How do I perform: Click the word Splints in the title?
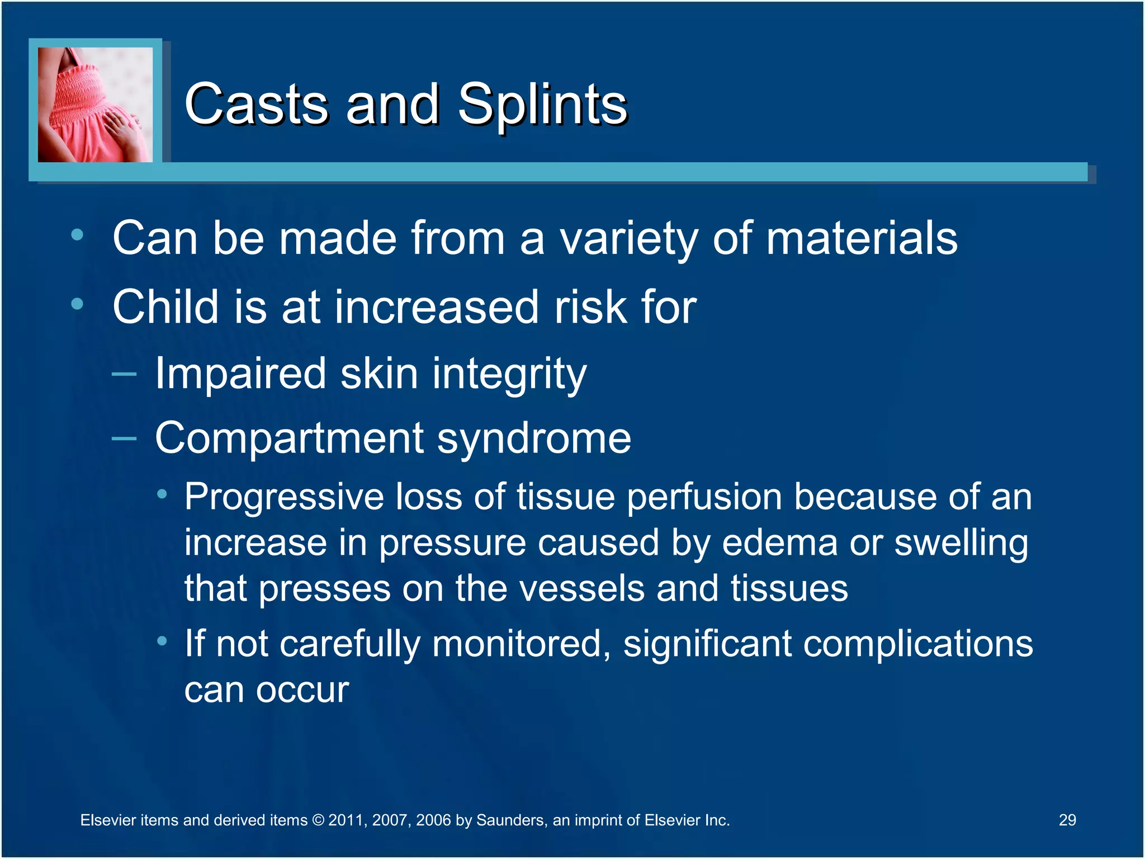pos(542,105)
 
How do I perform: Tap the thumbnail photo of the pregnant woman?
pos(95,105)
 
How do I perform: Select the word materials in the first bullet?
pos(861,238)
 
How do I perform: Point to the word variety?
pos(628,239)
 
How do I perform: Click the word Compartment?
pos(288,438)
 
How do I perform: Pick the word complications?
pos(917,644)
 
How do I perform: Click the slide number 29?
pos(1067,820)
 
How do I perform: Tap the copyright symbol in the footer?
pos(318,820)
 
